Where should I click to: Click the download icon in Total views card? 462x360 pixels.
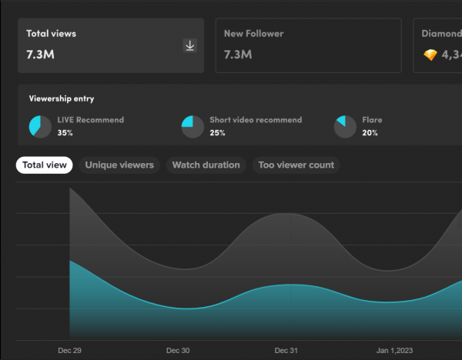point(190,46)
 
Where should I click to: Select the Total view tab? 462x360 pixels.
point(44,165)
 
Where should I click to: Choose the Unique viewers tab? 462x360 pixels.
point(119,165)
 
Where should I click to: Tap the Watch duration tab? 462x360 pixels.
point(206,165)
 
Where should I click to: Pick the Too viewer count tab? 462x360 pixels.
point(296,165)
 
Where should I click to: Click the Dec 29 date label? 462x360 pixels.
point(69,351)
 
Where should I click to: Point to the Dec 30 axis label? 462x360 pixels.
point(178,351)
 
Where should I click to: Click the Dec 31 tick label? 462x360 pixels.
point(286,351)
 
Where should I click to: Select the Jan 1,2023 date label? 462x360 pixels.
point(395,351)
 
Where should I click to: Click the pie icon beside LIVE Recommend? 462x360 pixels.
point(40,126)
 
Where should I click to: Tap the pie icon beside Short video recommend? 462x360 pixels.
point(192,126)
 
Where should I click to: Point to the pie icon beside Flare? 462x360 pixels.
point(345,126)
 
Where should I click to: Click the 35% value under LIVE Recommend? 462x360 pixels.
point(65,133)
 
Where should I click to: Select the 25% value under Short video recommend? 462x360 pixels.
point(217,133)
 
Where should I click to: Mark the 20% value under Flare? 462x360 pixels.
point(370,133)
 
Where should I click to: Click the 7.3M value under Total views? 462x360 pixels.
point(40,55)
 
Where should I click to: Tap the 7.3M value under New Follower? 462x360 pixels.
point(238,55)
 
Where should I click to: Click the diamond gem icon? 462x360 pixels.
point(430,55)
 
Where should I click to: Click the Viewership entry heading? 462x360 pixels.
point(62,99)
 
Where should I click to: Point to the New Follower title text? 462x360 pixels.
point(253,34)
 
